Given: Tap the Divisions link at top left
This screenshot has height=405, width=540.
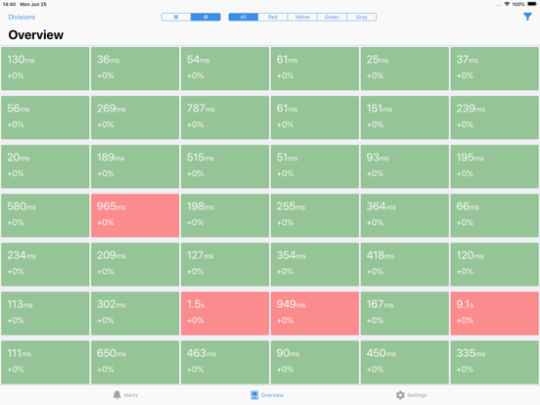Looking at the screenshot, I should coord(22,17).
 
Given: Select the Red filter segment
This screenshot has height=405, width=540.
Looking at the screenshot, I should coord(273,17).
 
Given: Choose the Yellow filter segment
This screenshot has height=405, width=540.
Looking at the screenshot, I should coord(302,17).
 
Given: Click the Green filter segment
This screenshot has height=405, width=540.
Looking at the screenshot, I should coord(332,17).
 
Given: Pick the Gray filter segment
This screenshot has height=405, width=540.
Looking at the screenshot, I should coord(362,17).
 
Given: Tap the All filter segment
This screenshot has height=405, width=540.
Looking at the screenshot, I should coord(244,17).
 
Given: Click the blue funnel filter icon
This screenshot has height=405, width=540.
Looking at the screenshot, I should coord(527,17).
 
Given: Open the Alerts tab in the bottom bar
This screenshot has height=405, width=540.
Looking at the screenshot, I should coord(125,395).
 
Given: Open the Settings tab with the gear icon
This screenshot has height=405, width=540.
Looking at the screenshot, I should coord(411,395).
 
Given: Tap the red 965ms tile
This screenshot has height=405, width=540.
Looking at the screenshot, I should coord(135,215).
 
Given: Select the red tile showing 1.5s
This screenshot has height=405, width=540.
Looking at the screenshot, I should coord(224,313).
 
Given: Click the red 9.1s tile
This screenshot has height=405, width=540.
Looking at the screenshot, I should coord(494,313).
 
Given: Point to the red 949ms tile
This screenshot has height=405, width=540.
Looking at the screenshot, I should coord(314,313).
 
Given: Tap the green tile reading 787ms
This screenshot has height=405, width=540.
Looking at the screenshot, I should coord(224,117).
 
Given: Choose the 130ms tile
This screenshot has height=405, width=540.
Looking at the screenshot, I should coord(45,68).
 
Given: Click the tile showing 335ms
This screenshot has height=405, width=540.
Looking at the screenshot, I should coord(494,362).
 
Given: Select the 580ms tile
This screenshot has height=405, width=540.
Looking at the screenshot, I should coord(45,215).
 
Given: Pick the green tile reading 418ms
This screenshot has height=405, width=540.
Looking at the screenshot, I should coord(404,264).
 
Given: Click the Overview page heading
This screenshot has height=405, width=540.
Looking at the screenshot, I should coord(36,35).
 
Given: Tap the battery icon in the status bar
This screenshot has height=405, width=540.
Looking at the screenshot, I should coord(530,4).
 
